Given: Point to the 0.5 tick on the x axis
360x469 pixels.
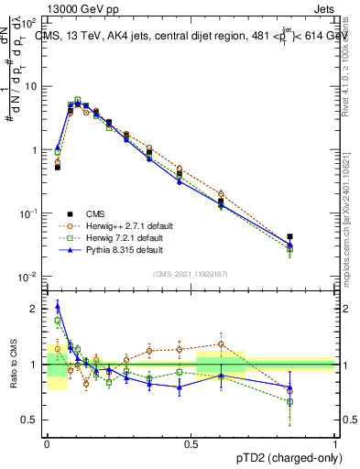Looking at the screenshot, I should point(191,442).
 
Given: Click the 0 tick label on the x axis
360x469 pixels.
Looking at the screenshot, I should point(47,442).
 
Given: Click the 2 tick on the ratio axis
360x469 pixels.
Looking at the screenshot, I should point(34,309).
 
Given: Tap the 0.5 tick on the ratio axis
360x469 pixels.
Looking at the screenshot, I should point(29,419).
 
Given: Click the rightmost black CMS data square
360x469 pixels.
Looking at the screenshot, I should point(289,236).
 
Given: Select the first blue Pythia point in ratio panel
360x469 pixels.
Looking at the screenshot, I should point(58,306).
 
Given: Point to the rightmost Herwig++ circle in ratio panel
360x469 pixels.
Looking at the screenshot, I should point(289,388).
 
